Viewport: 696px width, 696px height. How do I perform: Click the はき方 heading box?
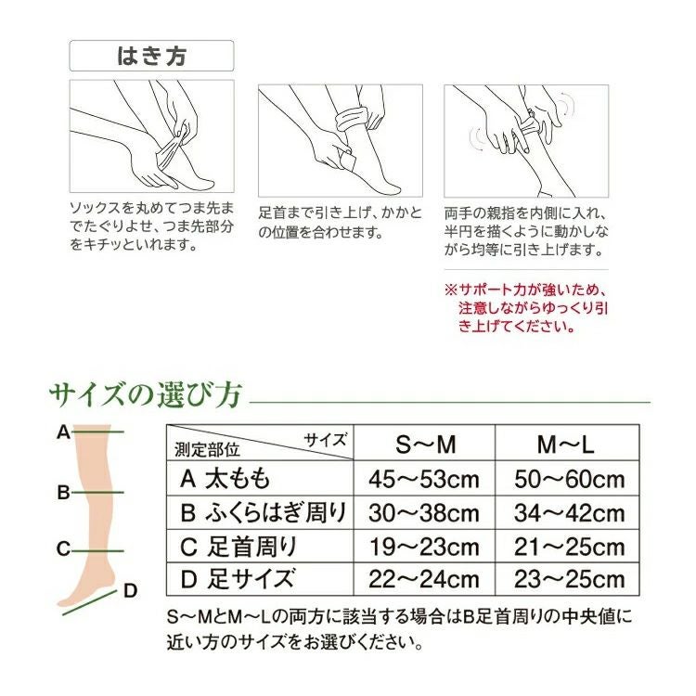point(152,56)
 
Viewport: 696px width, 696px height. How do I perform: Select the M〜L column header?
point(566,445)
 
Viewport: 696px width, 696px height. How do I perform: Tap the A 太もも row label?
point(226,479)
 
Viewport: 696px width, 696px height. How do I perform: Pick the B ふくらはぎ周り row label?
point(264,512)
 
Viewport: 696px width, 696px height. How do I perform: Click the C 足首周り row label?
point(238,546)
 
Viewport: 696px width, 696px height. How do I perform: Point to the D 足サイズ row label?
point(238,579)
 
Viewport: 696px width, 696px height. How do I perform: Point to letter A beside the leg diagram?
point(63,432)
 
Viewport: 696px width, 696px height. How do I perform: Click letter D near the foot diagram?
point(131,590)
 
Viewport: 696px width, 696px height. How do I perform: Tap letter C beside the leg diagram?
point(63,548)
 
